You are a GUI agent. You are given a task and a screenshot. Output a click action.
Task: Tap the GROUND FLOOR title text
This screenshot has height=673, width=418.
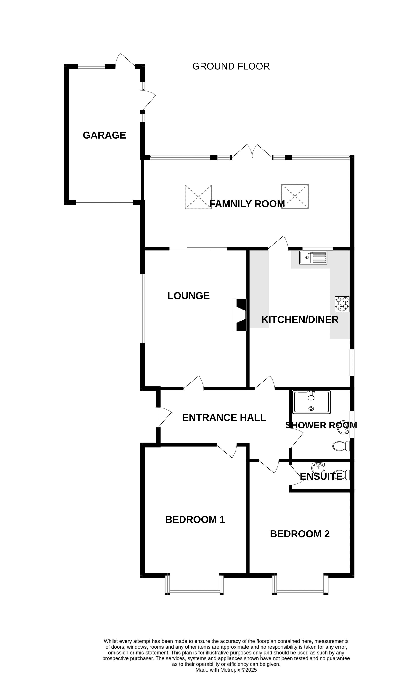(231, 66)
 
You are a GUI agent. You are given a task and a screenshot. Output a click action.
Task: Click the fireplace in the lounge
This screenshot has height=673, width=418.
(240, 315)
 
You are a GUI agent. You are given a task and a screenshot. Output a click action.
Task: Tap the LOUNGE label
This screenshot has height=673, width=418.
(189, 296)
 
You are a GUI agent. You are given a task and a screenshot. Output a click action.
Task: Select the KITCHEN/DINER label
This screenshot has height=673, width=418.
(300, 320)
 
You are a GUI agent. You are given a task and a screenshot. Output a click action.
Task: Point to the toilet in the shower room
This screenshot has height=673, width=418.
(341, 446)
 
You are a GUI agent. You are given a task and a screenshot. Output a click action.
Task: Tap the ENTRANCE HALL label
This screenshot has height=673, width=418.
(224, 417)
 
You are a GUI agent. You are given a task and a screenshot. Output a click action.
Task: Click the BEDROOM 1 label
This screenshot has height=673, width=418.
(195, 520)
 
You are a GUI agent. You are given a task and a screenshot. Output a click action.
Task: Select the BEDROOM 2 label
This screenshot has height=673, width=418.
(300, 534)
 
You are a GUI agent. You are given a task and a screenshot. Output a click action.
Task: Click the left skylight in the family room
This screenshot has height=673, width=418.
(198, 197)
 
